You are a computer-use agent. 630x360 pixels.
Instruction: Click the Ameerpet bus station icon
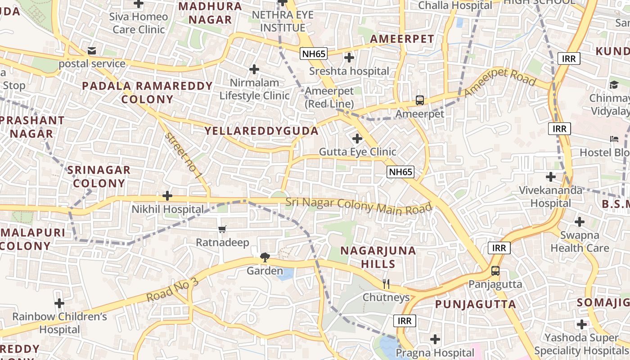pyautogui.click(x=419, y=100)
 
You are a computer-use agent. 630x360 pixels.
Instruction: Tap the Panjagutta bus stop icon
pyautogui.click(x=495, y=271)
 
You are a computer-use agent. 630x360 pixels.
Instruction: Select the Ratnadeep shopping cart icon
pyautogui.click(x=222, y=229)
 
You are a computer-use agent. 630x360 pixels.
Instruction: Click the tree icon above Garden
pyautogui.click(x=265, y=257)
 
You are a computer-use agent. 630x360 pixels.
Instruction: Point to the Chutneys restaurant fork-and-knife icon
pyautogui.click(x=386, y=283)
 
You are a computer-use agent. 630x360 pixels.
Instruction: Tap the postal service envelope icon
pyautogui.click(x=92, y=51)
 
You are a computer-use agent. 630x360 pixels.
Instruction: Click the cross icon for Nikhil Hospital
pyautogui.click(x=167, y=196)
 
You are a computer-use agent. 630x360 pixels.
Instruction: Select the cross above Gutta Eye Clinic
pyautogui.click(x=357, y=138)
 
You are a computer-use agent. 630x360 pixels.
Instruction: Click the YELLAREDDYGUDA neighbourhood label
pyautogui.click(x=261, y=131)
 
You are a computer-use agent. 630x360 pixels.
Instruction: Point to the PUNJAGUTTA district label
pyautogui.click(x=476, y=304)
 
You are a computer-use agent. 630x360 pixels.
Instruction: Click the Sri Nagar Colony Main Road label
pyautogui.click(x=359, y=206)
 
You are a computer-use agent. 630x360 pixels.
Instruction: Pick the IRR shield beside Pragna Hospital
pyautogui.click(x=405, y=320)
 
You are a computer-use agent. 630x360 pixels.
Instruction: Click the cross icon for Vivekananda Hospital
pyautogui.click(x=550, y=176)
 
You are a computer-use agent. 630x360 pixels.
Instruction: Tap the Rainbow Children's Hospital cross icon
pyautogui.click(x=59, y=303)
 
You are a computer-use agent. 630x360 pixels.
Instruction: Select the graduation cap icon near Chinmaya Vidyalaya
pyautogui.click(x=614, y=85)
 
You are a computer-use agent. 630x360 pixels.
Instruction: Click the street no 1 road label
pyautogui.click(x=183, y=155)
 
